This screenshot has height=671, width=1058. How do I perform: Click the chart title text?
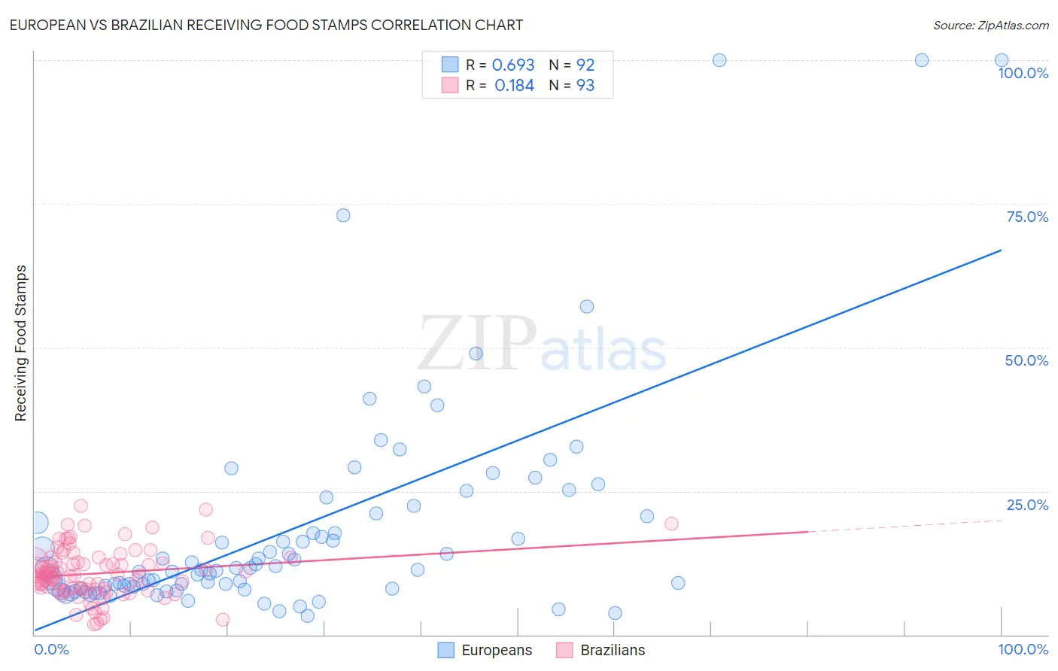click(266, 25)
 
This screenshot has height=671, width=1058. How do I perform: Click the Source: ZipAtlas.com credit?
click(990, 25)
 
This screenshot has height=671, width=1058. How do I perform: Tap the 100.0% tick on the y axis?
click(1023, 73)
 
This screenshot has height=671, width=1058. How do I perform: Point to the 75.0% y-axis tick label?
click(1027, 217)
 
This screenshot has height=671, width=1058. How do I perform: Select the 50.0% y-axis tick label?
click(1026, 360)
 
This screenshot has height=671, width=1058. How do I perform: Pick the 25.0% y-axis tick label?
click(1027, 505)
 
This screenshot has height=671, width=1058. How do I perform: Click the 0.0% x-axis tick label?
click(51, 649)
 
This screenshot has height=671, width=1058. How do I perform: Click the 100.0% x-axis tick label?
click(1023, 649)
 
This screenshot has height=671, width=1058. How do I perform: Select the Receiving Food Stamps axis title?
click(21, 343)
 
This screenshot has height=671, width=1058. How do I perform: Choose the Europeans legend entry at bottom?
click(496, 650)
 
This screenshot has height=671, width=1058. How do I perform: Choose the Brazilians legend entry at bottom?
click(612, 650)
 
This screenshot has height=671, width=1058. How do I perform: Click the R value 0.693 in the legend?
click(513, 65)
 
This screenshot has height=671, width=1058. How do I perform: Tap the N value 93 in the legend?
click(585, 86)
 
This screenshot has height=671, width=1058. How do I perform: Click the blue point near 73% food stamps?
click(343, 215)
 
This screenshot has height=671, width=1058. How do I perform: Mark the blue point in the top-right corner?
click(1002, 60)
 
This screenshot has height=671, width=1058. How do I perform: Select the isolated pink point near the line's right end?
click(671, 524)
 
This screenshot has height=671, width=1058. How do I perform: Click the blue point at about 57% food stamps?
click(587, 306)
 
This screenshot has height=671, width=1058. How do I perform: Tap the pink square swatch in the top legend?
click(449, 85)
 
